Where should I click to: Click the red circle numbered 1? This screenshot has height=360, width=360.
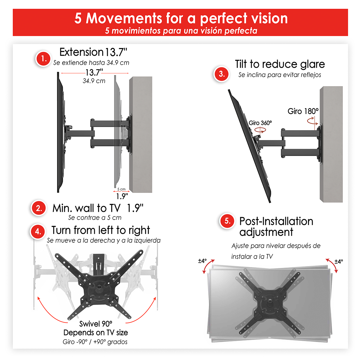[43, 58]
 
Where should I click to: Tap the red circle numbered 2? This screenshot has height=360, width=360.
[39, 208]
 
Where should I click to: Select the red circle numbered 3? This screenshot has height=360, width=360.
[222, 74]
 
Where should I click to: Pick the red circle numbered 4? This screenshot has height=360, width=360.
[38, 232]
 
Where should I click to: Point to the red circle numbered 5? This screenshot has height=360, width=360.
[227, 221]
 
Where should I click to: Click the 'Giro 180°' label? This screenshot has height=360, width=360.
[303, 111]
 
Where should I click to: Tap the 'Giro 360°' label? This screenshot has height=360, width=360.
[260, 123]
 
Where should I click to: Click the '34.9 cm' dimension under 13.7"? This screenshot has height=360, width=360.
[94, 81]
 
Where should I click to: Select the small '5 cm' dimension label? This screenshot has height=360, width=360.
[121, 189]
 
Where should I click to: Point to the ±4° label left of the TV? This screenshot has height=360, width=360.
[202, 261]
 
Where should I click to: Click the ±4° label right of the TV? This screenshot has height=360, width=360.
[339, 261]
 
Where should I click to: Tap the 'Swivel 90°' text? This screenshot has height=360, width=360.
[96, 324]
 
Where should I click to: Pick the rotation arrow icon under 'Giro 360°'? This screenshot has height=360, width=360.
[260, 130]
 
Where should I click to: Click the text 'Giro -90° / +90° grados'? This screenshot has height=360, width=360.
[95, 342]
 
